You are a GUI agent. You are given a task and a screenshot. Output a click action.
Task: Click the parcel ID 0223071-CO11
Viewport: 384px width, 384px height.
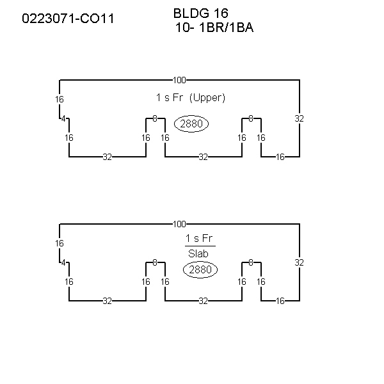coord(68,19)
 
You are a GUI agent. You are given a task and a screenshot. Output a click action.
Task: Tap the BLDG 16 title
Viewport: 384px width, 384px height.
coord(201,13)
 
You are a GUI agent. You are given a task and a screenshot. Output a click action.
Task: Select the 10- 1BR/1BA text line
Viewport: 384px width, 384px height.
coord(214,28)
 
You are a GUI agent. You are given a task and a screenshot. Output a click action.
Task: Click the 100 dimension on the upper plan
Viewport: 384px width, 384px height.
coord(179,80)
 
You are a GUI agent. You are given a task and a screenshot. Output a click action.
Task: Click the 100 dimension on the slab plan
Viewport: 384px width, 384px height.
coord(179,224)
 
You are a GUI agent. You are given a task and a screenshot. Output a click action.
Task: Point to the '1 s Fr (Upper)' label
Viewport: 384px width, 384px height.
coord(191,98)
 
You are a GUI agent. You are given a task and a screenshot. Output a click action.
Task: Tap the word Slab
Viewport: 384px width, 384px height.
coord(198,253)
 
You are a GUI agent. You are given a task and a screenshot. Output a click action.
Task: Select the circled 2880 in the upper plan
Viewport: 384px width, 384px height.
coord(191,124)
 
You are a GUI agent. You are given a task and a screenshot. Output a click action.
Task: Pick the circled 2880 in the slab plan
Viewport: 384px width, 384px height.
coord(200,269)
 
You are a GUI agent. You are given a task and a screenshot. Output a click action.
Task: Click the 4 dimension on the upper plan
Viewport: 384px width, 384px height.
coord(63,119)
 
